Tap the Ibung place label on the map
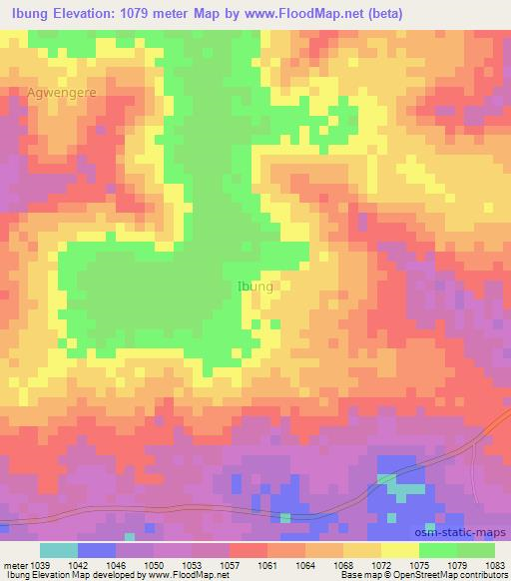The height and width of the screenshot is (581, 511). click(255, 287)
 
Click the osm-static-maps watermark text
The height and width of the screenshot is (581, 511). click(461, 533)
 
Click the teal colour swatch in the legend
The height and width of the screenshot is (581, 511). click(59, 550)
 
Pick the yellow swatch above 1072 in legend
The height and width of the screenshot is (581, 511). click(400, 550)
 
